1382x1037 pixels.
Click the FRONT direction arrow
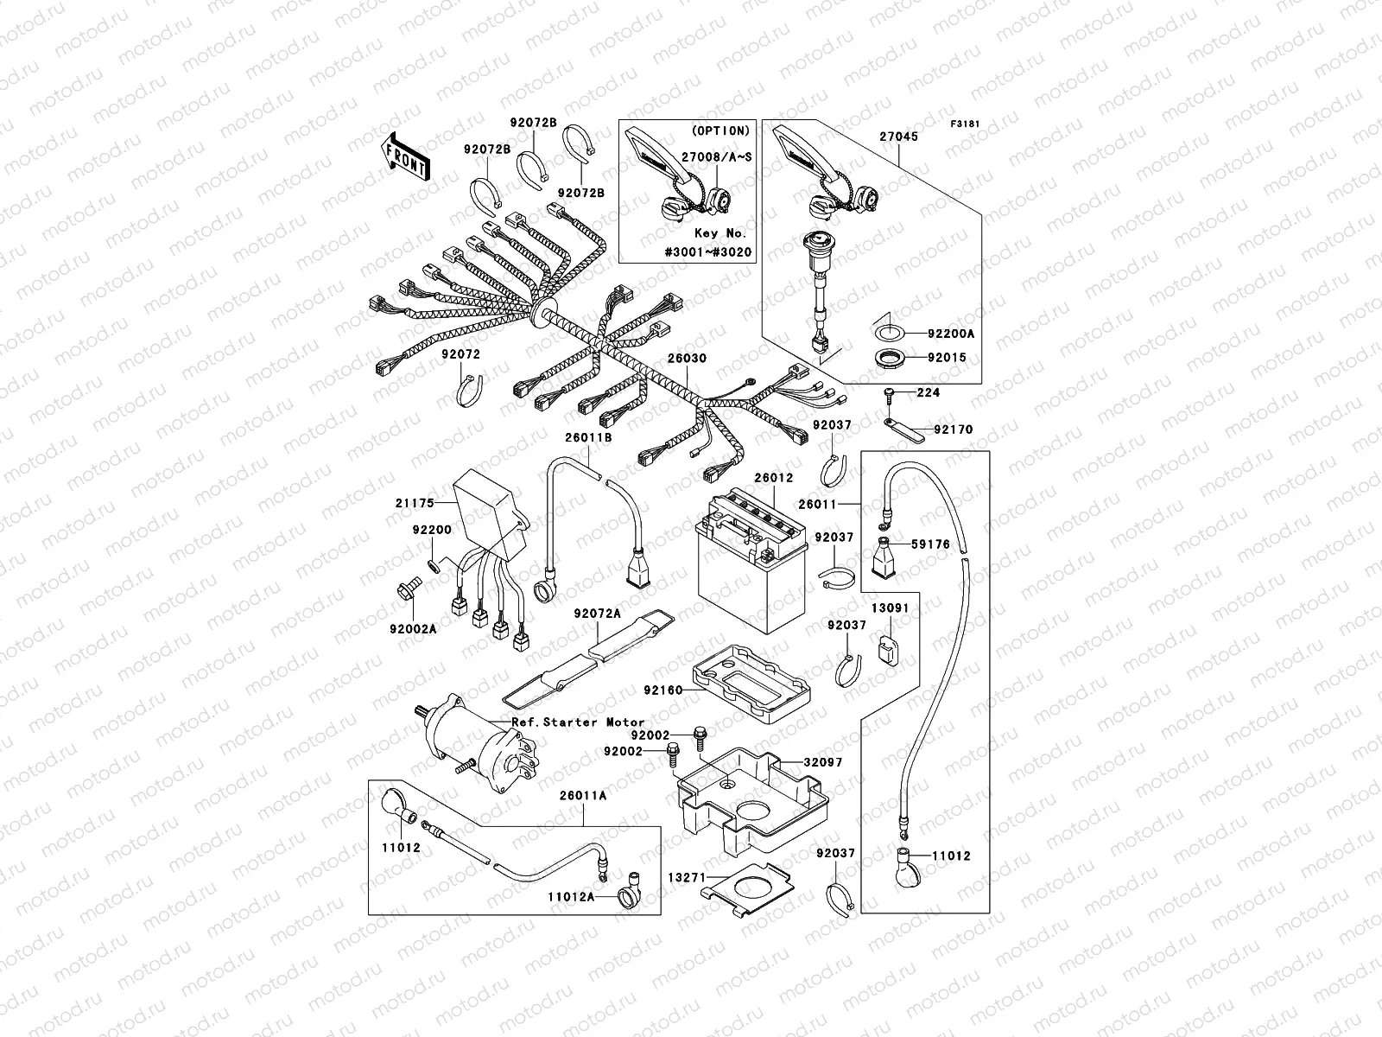[405, 156]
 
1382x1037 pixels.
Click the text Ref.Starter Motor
[578, 722]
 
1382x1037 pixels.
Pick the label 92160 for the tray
[662, 690]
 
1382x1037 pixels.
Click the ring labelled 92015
[886, 357]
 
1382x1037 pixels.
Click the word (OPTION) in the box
[721, 130]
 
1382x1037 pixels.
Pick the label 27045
[898, 137]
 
